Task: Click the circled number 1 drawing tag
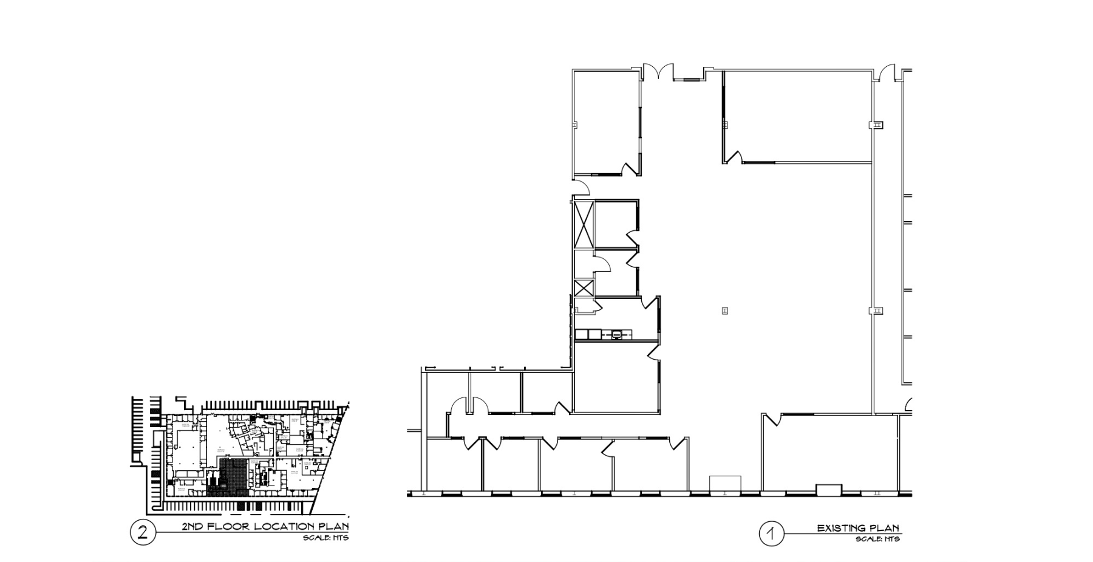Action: [771, 534]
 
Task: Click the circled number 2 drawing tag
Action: [143, 533]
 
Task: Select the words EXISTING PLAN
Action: [858, 528]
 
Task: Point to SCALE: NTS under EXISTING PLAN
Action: [877, 540]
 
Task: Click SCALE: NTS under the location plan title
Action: [326, 538]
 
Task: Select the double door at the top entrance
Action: [658, 71]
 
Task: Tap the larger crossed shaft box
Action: [584, 224]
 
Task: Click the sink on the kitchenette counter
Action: [617, 334]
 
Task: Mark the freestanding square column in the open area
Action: [724, 310]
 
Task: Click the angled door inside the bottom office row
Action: [607, 449]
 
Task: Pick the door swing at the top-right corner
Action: [889, 72]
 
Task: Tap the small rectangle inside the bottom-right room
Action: [829, 489]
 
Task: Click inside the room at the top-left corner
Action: [606, 122]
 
